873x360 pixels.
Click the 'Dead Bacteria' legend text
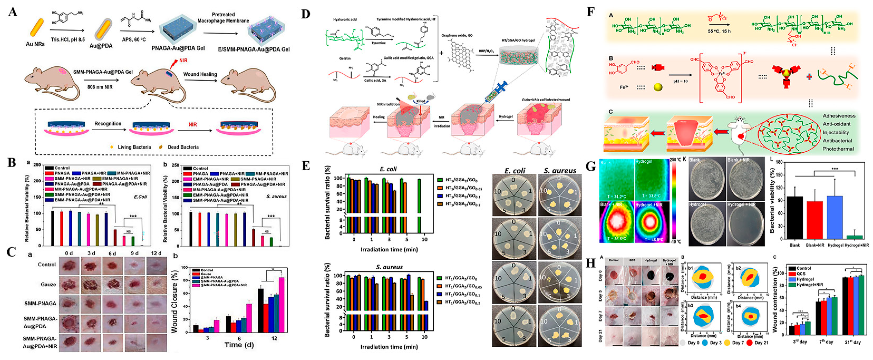point(183,147)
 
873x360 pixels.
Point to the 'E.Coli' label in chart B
point(140,197)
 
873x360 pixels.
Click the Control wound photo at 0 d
point(69,265)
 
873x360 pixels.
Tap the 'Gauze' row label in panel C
point(48,284)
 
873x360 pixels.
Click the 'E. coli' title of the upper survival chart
point(388,169)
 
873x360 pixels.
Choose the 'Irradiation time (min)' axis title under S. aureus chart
point(389,347)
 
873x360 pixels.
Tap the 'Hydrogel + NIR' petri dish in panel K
point(745,224)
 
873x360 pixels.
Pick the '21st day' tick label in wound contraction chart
point(852,342)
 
